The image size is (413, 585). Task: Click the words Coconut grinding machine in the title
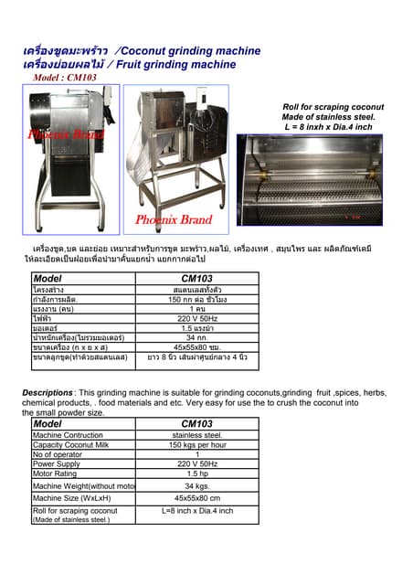pyautogui.click(x=190, y=51)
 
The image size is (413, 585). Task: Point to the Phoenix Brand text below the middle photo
pyautogui.click(x=174, y=220)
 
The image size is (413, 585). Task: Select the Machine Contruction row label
pyautogui.click(x=68, y=435)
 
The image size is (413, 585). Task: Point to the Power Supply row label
pyautogui.click(x=56, y=463)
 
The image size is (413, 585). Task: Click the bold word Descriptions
pyautogui.click(x=47, y=392)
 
